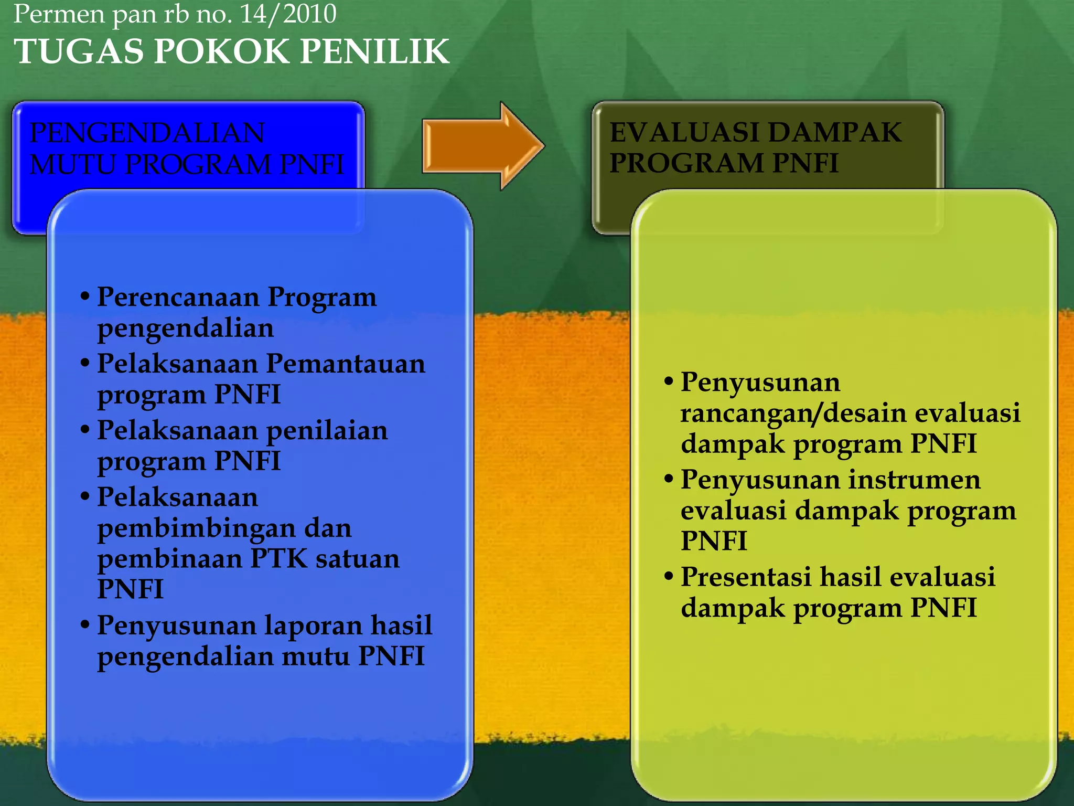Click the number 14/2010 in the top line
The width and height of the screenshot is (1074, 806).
pos(288,14)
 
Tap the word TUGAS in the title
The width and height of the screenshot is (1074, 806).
pos(79,51)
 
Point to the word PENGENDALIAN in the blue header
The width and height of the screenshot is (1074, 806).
pos(147,132)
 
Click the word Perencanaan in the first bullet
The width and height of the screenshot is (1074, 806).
pos(178,297)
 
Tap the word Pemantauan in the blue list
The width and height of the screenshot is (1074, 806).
pos(346,364)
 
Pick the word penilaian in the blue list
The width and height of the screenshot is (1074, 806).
pos(327,430)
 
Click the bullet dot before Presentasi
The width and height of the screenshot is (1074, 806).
pos(668,576)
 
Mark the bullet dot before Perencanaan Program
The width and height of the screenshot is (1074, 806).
pos(85,296)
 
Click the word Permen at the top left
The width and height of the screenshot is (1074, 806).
pos(59,14)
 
